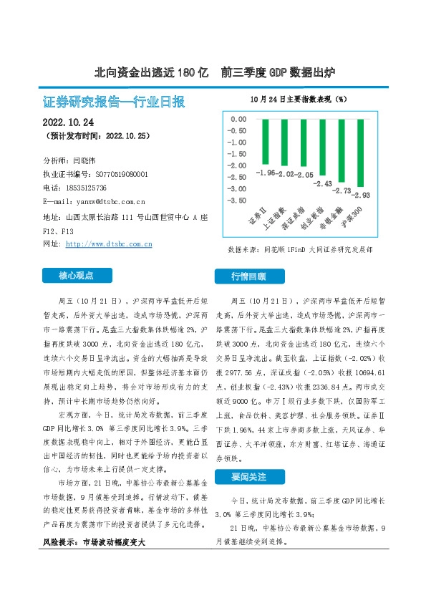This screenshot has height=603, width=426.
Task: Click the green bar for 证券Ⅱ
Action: [266, 142]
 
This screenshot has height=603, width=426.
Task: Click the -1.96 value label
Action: [265, 173]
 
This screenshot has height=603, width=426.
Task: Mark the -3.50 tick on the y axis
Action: [236, 200]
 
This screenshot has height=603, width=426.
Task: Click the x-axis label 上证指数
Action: [276, 217]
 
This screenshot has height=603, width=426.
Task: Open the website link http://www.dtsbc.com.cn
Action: [109, 244]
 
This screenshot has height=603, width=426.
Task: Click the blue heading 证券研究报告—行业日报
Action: [115, 102]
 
